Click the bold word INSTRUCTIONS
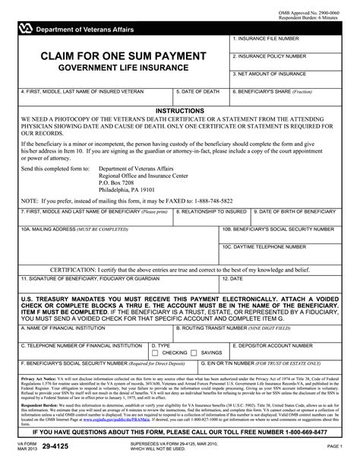tap(179, 111)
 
